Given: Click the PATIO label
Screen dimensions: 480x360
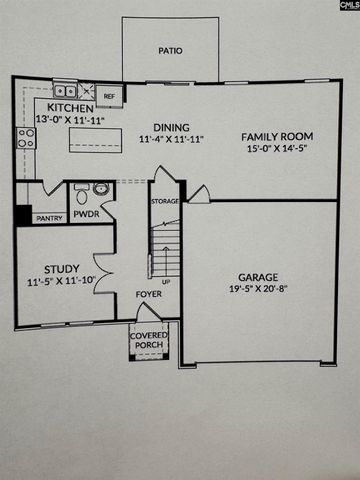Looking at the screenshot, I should tap(170, 48).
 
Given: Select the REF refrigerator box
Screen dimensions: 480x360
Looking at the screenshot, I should tap(110, 96).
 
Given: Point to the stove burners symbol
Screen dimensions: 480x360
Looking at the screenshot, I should tap(25, 138).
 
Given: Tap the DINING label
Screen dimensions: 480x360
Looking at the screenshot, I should tap(171, 126).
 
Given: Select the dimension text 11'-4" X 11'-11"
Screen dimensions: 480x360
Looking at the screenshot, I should tap(171, 139).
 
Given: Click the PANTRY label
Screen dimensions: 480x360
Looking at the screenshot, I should tap(48, 217).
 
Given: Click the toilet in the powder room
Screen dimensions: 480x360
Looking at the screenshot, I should tap(103, 190).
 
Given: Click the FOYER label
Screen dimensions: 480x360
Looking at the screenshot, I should tap(149, 295).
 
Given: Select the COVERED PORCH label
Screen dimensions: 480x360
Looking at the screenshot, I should tap(149, 342).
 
